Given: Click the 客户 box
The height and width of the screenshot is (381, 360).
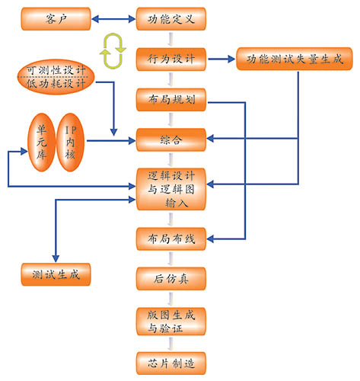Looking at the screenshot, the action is pos(56,19).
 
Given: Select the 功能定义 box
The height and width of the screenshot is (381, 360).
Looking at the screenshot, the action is pos(171,19).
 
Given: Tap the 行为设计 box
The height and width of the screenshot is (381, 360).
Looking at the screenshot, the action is pos(171,59).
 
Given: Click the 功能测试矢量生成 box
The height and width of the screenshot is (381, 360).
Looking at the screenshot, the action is pos(295,59).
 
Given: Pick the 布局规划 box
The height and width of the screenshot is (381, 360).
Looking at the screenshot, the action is pos(171,100).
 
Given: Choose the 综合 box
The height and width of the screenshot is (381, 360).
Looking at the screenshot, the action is pos(171,139).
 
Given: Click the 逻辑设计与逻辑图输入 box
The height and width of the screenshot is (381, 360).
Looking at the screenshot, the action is pos(171,189).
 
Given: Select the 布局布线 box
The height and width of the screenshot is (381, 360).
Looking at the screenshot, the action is pos(171,239).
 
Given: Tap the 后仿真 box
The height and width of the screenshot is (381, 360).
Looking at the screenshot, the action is pos(171,279).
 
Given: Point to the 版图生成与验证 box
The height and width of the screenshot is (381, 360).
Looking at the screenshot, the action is pos(171,322).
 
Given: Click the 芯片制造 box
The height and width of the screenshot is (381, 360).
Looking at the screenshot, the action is pos(171,363).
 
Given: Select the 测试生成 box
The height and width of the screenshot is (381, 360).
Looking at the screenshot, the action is pos(56,274).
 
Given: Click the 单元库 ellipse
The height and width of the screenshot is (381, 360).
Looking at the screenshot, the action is pos(41,142).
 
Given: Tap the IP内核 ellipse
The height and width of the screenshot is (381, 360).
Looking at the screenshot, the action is pos(70,142).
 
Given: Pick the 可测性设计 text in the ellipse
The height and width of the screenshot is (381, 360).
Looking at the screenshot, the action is pos(56,70).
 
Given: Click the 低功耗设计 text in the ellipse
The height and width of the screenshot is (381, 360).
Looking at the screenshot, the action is pos(56,83).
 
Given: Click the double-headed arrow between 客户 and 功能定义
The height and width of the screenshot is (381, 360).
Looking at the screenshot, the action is pos(113,19).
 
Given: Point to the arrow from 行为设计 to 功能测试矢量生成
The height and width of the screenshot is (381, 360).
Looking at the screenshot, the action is pos(221,59).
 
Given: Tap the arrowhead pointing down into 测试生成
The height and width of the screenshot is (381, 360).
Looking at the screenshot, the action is pos(56,258).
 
